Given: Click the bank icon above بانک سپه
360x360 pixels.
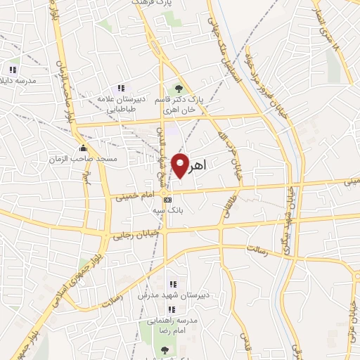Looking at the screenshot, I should [x=167, y=200].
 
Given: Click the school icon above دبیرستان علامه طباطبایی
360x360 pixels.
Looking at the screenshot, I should [x=121, y=89].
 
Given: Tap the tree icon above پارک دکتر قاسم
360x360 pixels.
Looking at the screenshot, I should [x=179, y=89].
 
